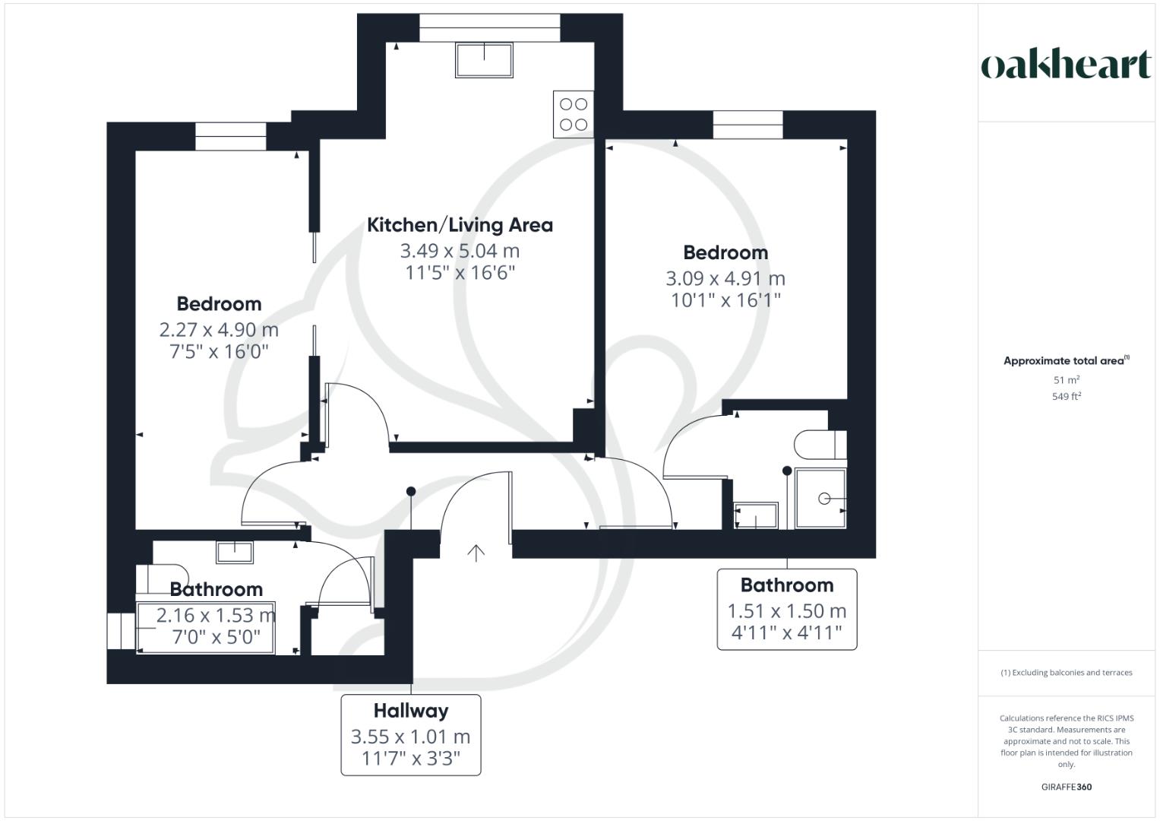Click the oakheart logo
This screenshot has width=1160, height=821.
[1066, 65]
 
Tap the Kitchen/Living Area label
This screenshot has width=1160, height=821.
[460, 225]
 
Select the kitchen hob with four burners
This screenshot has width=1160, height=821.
[573, 114]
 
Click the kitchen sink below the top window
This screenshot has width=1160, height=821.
[484, 59]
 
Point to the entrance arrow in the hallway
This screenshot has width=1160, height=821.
[476, 553]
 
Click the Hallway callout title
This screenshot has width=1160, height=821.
[411, 711]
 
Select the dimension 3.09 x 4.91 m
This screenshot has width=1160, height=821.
[725, 278]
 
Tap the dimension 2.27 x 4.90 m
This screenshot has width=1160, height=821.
[219, 330]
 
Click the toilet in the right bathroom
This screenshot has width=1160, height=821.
[819, 445]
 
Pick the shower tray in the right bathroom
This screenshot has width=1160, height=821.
[820, 499]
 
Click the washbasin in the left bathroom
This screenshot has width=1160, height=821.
[235, 552]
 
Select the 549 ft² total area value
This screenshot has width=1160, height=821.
[1066, 396]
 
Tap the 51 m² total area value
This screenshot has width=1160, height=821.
[1066, 379]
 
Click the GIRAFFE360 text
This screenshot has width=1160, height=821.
[1066, 787]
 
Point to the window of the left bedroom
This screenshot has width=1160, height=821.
[231, 136]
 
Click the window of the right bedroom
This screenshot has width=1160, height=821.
[748, 125]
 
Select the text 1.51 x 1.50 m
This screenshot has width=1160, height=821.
[786, 611]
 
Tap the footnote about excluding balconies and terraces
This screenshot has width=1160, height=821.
[1066, 673]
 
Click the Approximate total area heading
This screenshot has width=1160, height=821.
[1066, 361]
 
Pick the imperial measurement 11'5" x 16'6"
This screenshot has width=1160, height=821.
[460, 272]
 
